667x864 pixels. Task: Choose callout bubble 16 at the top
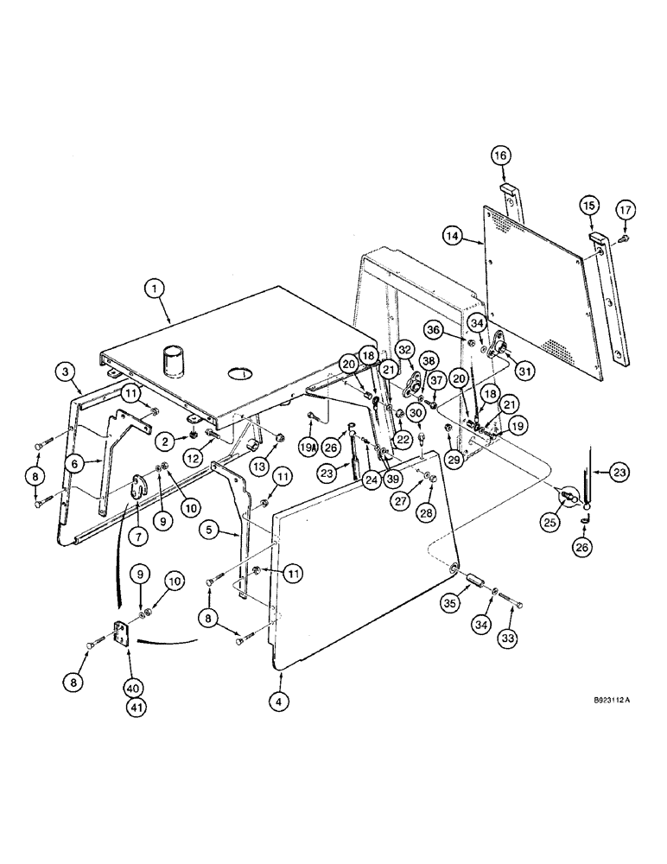click(501, 156)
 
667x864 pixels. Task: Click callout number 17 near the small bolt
click(624, 208)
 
